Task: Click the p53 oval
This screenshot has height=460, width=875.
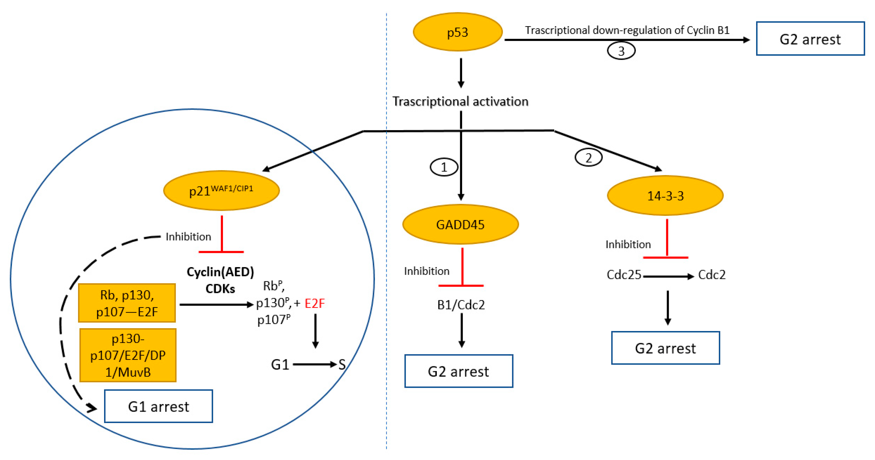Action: pos(457,32)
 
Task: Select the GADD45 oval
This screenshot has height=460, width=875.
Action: pos(460,224)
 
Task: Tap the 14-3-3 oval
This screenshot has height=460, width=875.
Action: pos(665,195)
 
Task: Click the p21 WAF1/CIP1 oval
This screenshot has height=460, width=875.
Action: pos(221,190)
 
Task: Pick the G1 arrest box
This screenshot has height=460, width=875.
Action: pos(158,406)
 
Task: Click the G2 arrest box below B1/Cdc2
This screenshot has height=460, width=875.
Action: pos(459,371)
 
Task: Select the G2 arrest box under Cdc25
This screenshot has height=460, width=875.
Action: pos(665,348)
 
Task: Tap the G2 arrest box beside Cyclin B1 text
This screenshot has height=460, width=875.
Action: pos(810,39)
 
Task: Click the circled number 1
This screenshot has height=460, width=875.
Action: pos(444,167)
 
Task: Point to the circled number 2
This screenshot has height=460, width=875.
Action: pos(588,157)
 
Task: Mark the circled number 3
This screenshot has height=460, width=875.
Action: pos(621,51)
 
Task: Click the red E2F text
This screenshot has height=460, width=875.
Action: pos(315,303)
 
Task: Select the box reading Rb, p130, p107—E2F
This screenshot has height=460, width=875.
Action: pos(127,303)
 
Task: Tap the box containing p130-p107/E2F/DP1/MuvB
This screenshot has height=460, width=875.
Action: pos(128,355)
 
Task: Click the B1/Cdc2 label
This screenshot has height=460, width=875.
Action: pos(461,305)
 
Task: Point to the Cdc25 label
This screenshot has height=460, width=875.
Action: pos(624,274)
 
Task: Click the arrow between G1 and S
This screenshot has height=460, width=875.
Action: pos(314,364)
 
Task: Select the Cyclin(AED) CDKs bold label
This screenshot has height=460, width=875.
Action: pos(220,280)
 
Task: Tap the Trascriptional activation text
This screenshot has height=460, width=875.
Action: pos(460,101)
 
